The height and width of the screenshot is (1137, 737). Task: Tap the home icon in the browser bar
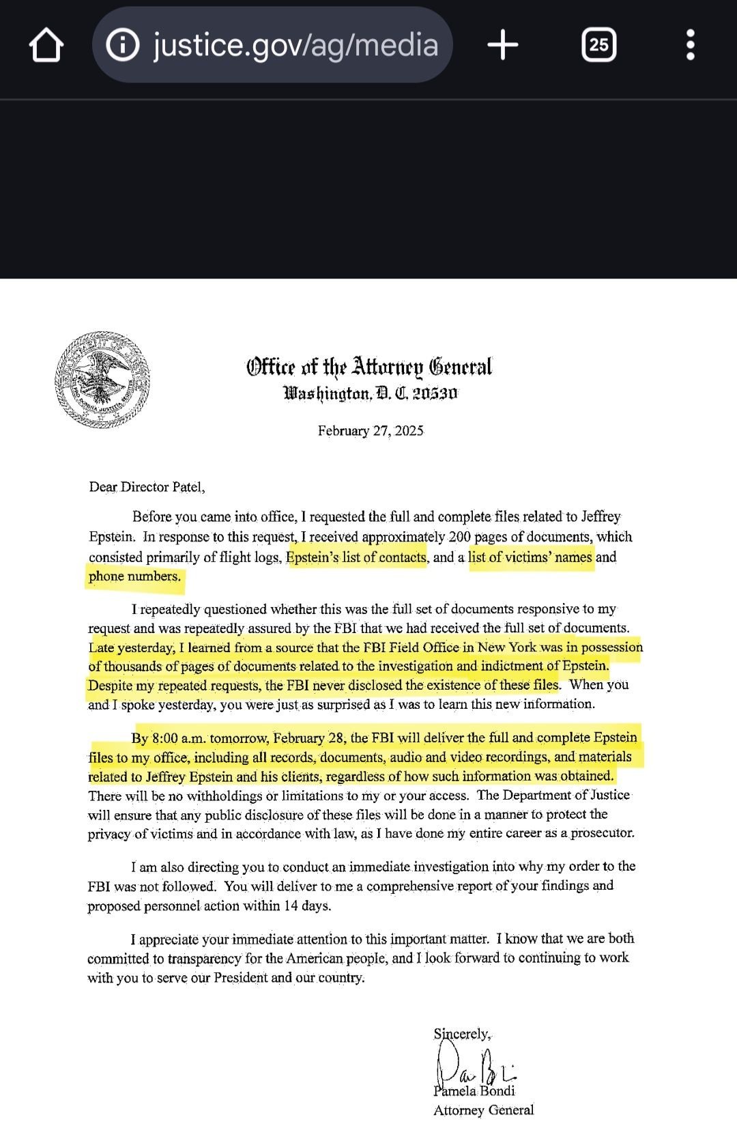coord(46,46)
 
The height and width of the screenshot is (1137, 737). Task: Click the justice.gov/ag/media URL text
coord(295,45)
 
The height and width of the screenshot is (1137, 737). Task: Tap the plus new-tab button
coord(503,46)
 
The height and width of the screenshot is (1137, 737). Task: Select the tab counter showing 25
coord(598,46)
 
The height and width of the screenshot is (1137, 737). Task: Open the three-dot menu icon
coord(691,46)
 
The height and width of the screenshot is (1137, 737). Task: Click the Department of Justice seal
coord(102,380)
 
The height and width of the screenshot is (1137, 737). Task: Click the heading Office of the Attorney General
coord(369,367)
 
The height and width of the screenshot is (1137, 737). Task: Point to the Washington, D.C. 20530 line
coord(371,393)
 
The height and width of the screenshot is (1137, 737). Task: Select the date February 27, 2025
coord(371,431)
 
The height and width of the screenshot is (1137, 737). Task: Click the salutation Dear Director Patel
coord(147,487)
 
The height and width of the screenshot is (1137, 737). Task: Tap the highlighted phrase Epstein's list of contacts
coord(356,557)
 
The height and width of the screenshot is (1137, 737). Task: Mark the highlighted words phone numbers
coord(135,576)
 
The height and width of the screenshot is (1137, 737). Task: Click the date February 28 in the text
coord(309,738)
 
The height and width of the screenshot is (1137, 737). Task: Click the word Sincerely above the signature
coord(462,1034)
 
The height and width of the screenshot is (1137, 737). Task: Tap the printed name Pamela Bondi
coord(474,1091)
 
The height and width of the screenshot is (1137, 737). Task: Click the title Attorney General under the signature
coord(483,1110)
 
